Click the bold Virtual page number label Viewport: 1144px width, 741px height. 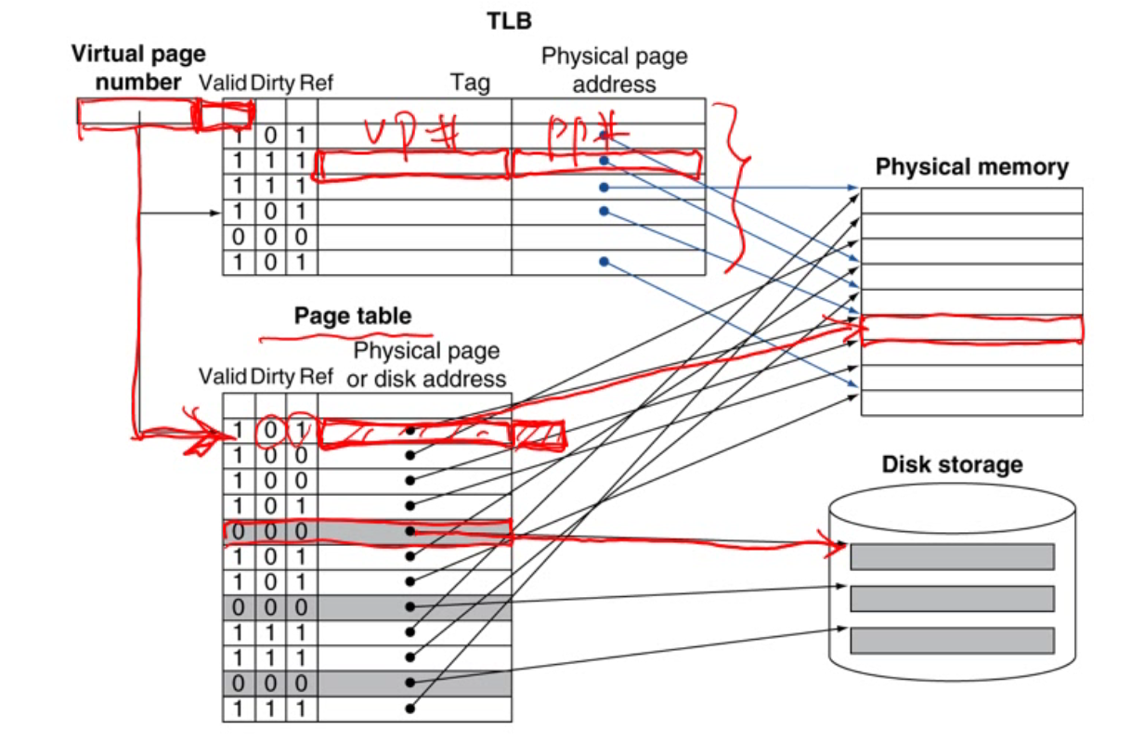coord(138,68)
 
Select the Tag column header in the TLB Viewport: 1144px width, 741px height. coord(470,84)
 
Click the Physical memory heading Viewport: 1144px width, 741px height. coord(971,167)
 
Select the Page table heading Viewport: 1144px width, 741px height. coord(352,316)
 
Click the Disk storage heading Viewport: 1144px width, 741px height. coord(952,464)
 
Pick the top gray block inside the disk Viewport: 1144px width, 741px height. coord(952,556)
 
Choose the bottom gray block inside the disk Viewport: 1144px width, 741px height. coord(952,640)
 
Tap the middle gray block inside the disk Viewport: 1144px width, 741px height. coord(952,598)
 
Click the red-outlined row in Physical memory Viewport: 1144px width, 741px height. coord(971,330)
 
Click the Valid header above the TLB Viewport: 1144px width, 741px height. coord(223,84)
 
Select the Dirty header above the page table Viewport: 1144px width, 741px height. coord(272,377)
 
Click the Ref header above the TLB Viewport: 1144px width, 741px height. coord(317,84)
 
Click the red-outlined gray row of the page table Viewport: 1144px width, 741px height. coord(367,532)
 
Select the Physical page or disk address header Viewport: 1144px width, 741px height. coord(426,365)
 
